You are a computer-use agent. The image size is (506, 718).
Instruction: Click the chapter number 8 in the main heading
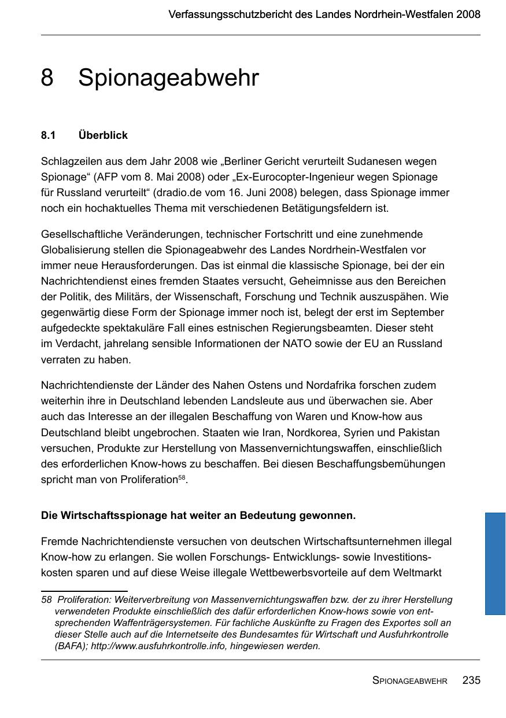pyautogui.click(x=47, y=78)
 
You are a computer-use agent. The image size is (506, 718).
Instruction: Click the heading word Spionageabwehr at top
pyautogui.click(x=168, y=79)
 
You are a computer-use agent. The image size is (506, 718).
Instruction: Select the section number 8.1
pyautogui.click(x=48, y=135)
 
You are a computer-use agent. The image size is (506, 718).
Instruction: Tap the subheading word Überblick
pyautogui.click(x=103, y=135)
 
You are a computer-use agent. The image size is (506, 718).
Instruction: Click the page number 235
pyautogui.click(x=471, y=681)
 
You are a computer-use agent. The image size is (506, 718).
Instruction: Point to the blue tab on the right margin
pyautogui.click(x=495, y=563)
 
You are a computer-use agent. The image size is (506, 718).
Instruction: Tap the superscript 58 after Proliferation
pyautogui.click(x=182, y=477)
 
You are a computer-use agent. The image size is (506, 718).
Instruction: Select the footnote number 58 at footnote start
pyautogui.click(x=46, y=600)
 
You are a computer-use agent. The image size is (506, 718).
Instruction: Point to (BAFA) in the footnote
pyautogui.click(x=70, y=646)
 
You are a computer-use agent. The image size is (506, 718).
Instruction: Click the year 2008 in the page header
pyautogui.click(x=468, y=14)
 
